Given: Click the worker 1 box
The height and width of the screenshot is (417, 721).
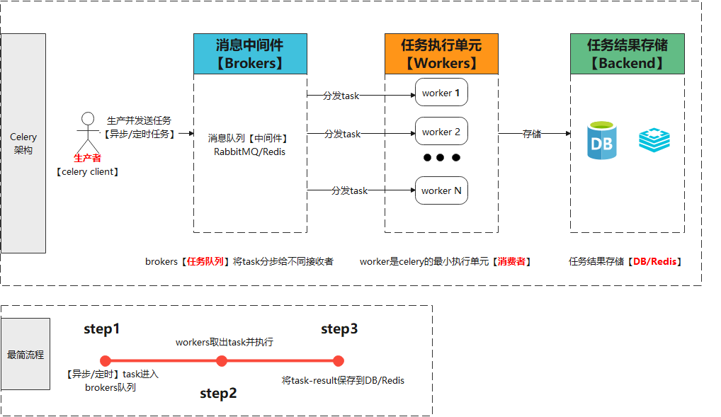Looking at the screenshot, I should pyautogui.click(x=441, y=93).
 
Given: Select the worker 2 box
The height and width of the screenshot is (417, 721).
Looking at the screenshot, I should pyautogui.click(x=441, y=132).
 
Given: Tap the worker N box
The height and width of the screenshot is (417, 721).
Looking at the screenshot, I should pyautogui.click(x=441, y=190).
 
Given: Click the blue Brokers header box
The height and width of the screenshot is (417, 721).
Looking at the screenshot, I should pyautogui.click(x=250, y=54).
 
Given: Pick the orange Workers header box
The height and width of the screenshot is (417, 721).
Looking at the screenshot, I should pyautogui.click(x=441, y=54).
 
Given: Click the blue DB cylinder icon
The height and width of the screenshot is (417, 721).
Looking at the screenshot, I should pyautogui.click(x=602, y=140).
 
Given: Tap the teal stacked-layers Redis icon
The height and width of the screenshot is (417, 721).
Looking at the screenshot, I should pyautogui.click(x=654, y=140).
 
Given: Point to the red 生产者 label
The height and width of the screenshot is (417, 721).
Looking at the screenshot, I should pyautogui.click(x=88, y=159).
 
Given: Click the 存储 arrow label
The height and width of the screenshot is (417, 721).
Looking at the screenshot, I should pyautogui.click(x=533, y=133).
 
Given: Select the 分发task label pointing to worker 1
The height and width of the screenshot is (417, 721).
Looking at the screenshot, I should pyautogui.click(x=341, y=96).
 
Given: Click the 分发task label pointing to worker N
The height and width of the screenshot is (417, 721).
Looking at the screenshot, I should pyautogui.click(x=350, y=190).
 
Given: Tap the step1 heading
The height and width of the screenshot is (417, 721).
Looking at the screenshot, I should pyautogui.click(x=102, y=329).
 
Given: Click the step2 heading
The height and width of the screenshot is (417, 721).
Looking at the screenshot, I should pyautogui.click(x=218, y=394).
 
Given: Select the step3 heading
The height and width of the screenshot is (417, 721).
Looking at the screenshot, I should pyautogui.click(x=339, y=329).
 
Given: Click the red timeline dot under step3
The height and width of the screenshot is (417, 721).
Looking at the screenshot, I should pyautogui.click(x=339, y=360).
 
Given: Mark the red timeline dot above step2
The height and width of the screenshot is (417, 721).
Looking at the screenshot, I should pyautogui.click(x=222, y=360).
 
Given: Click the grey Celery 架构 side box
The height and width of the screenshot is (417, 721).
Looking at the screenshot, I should pyautogui.click(x=23, y=143).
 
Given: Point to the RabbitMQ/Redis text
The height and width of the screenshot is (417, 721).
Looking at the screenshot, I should pyautogui.click(x=250, y=152).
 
